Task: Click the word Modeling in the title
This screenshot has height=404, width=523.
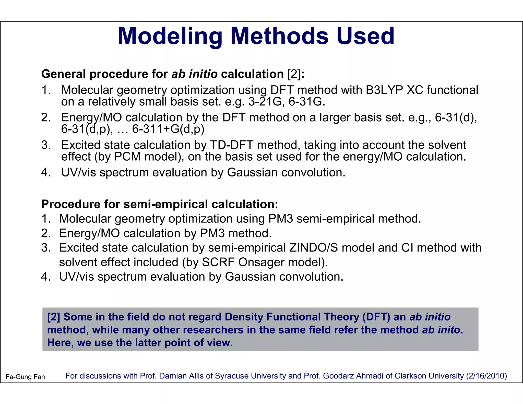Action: tap(170, 36)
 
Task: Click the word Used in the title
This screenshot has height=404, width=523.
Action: tap(365, 36)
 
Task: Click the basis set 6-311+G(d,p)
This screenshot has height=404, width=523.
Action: tap(168, 129)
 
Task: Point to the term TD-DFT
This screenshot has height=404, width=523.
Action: tap(232, 145)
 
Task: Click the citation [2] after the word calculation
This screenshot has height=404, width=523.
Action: tap(294, 74)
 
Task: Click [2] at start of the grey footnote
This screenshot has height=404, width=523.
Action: tap(54, 317)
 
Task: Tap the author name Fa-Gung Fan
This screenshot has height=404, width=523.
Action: tap(25, 377)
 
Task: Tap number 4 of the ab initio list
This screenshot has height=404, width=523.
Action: tap(45, 173)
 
